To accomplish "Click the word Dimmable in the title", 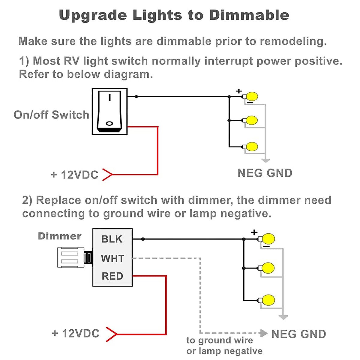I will [249, 15].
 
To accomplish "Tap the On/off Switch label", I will [52, 115].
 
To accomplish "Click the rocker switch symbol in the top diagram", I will [109, 111].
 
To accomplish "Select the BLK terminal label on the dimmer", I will [112, 239].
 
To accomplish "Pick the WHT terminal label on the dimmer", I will [112, 258].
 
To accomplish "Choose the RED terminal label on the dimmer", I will [112, 276].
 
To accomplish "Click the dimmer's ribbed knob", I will [71, 257].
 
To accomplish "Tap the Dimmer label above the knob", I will [59, 236].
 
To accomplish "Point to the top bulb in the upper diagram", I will [252, 97].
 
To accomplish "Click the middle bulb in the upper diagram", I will [251, 120].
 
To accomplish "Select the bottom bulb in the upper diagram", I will [252, 147].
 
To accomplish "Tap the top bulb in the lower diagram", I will [268, 239].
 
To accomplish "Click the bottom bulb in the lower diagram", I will [268, 300].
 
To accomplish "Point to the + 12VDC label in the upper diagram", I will [74, 175].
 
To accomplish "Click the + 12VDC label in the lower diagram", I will [75, 333].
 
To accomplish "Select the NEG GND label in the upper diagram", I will [265, 173].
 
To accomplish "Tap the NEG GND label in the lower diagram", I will [298, 334].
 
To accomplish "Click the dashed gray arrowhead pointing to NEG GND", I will [264, 333].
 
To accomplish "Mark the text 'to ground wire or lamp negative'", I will [224, 346].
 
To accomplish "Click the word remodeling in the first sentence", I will [293, 41].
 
